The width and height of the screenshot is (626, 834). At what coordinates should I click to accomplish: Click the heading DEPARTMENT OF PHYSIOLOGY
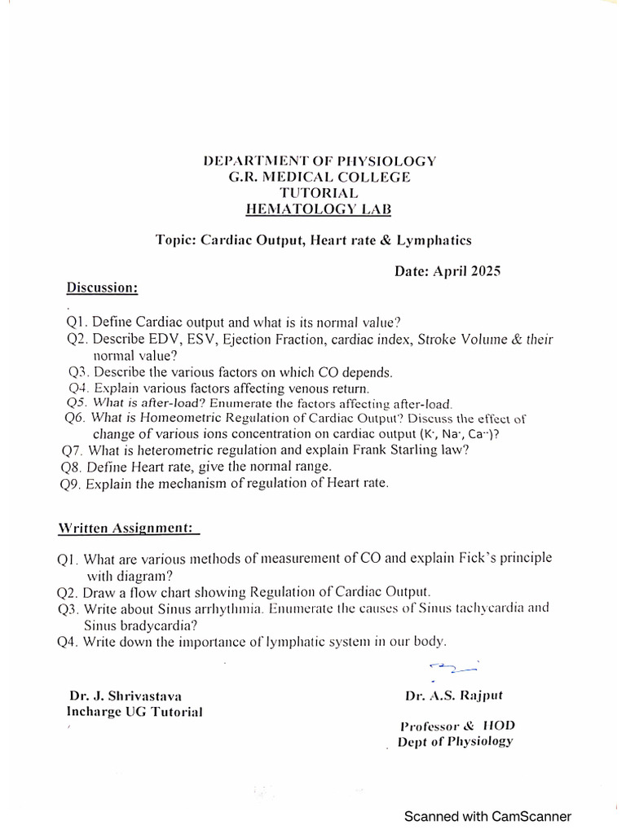tap(319, 160)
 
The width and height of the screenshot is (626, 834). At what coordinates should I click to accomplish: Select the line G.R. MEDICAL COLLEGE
tap(319, 177)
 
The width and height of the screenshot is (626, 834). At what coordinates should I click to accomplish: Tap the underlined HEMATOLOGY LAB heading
tap(319, 210)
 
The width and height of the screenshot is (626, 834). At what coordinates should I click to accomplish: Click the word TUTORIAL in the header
tap(319, 193)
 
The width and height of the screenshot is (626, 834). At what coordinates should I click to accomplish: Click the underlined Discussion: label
tap(102, 288)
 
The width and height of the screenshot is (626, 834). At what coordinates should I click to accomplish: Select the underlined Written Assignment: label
tap(128, 528)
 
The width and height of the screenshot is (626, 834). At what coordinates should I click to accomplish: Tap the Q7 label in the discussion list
tap(72, 450)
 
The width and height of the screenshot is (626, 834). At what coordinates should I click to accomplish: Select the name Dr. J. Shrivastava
tap(126, 696)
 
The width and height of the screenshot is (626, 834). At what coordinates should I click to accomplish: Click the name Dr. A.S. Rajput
tap(453, 696)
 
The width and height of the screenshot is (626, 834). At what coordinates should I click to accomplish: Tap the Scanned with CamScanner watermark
tap(488, 816)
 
